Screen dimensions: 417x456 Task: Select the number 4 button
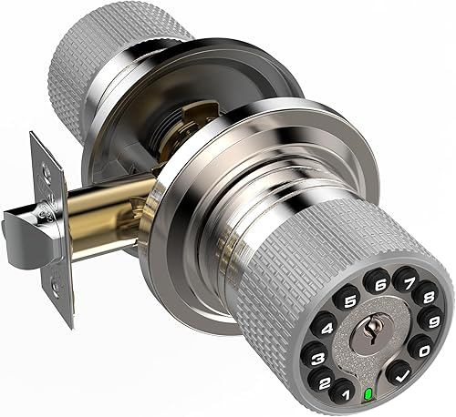(325, 322)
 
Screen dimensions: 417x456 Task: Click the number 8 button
(423, 297)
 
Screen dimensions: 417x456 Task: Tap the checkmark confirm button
(399, 372)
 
